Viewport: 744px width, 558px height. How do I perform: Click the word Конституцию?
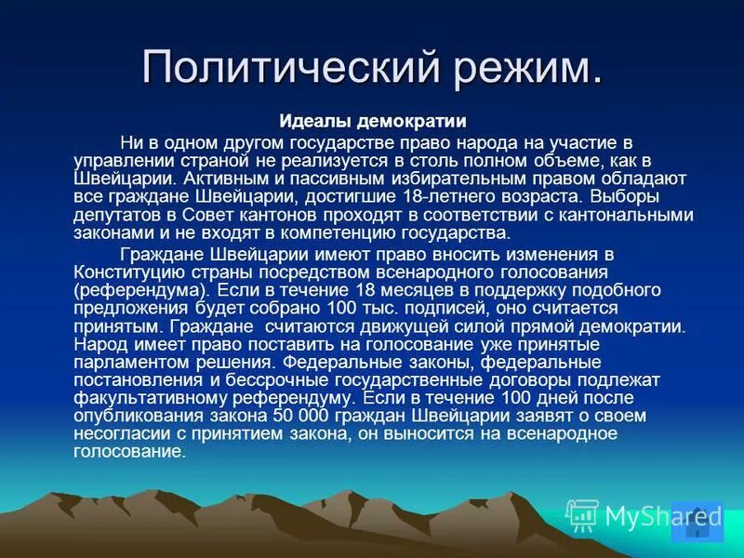coord(131,272)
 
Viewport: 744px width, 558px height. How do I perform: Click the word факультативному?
coord(153,399)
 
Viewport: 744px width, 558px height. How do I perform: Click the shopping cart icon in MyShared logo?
coord(583,515)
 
